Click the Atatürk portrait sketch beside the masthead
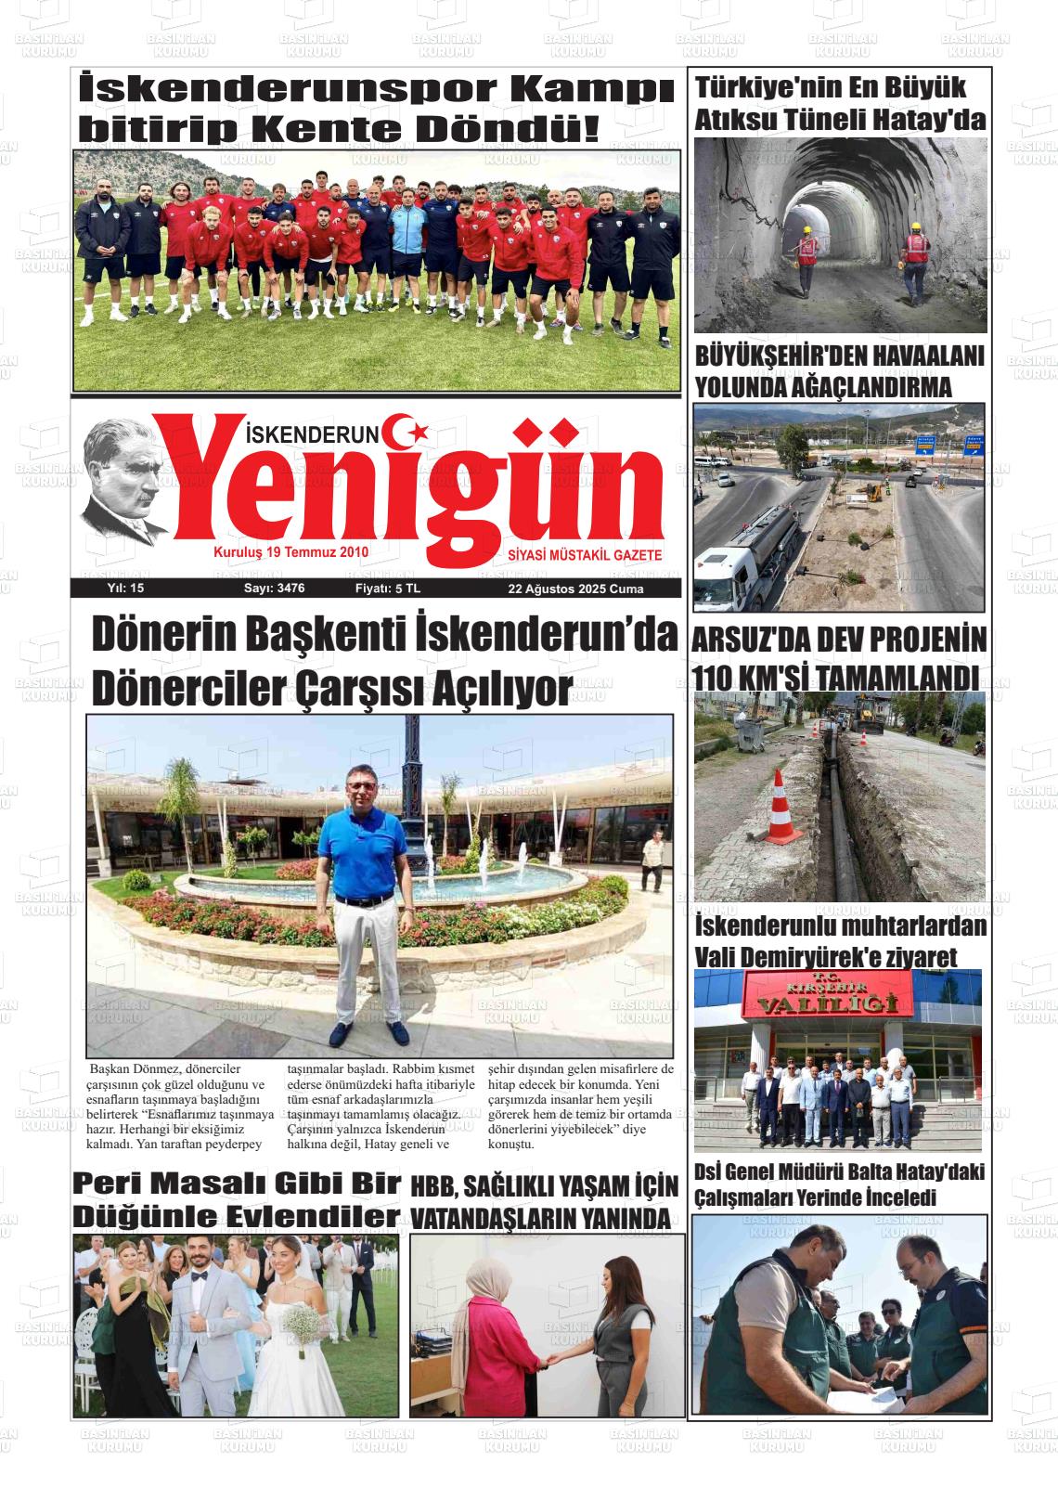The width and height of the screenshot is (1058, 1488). [x=126, y=483]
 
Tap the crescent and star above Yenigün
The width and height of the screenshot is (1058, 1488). [x=408, y=431]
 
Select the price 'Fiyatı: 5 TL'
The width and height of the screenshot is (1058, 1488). [x=388, y=589]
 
